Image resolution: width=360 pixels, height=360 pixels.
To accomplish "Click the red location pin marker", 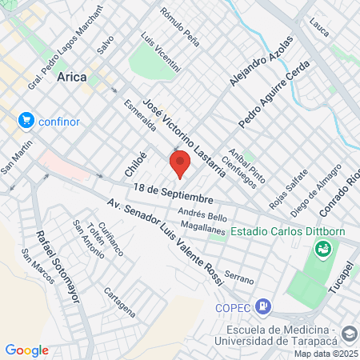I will (x=180, y=162).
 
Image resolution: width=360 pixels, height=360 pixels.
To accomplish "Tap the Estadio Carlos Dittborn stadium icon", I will (x=322, y=249).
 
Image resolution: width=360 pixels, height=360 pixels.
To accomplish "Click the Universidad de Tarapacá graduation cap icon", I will (x=349, y=332).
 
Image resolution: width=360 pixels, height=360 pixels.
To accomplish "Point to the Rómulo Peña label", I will (x=178, y=24).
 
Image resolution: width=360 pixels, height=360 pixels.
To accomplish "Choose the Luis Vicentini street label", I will (x=160, y=50).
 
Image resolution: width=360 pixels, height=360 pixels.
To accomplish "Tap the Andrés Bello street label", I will (x=203, y=215).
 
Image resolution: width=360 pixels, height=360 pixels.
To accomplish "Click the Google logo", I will (x=26, y=350).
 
